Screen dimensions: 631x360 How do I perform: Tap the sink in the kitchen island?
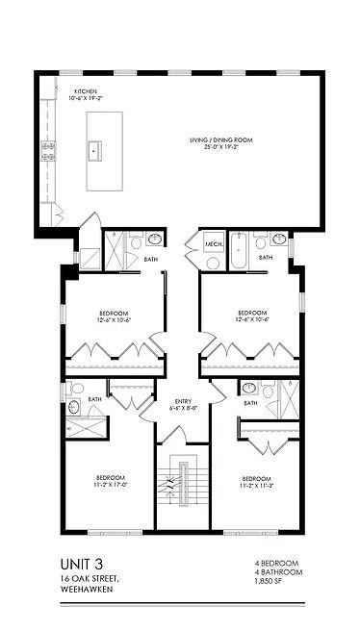pos(95,150)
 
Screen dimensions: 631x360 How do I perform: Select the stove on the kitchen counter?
pos(48,150)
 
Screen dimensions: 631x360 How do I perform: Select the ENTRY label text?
pos(183,401)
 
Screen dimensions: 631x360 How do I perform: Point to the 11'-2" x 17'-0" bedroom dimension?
pos(111,486)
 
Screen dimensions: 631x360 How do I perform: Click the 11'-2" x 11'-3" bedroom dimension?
pos(255,486)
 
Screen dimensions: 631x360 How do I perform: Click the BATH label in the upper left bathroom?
pos(151,257)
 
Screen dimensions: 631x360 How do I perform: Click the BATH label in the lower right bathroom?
pos(250,403)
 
